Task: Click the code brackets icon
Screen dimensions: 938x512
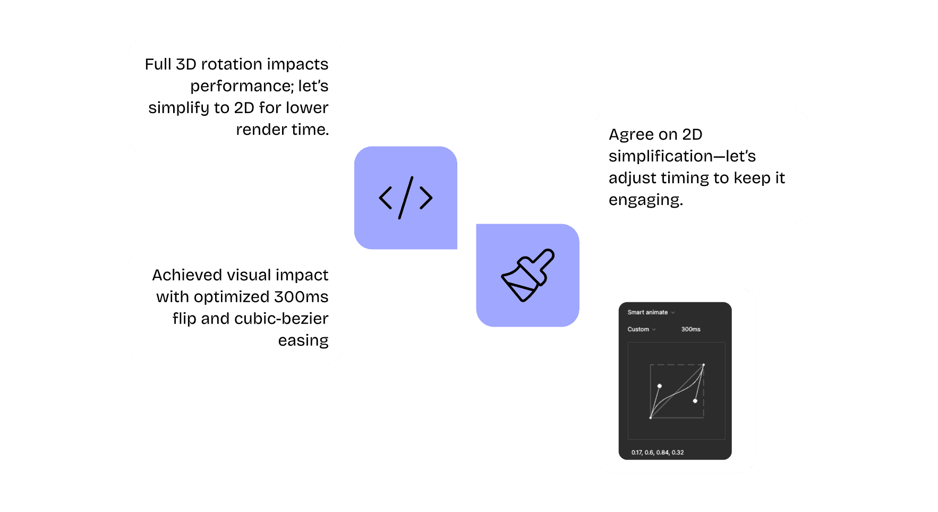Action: click(x=405, y=198)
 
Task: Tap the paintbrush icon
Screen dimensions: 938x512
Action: click(x=527, y=275)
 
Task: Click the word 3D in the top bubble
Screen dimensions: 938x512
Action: click(x=186, y=64)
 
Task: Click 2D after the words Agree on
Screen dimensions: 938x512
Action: click(x=692, y=134)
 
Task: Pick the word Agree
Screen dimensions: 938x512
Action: click(x=631, y=135)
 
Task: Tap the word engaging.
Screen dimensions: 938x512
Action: click(x=645, y=200)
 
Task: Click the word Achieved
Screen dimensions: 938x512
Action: click(x=187, y=275)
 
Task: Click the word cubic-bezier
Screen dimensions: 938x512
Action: click(x=281, y=319)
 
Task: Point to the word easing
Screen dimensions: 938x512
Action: click(x=303, y=340)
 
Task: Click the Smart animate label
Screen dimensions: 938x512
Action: click(x=647, y=312)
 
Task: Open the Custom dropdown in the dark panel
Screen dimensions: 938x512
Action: click(x=641, y=329)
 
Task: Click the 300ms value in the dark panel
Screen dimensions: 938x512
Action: click(x=690, y=329)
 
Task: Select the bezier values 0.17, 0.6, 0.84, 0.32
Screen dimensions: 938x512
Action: click(x=658, y=453)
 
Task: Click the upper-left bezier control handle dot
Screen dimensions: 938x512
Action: click(x=660, y=386)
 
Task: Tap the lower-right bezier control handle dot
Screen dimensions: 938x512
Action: click(x=695, y=401)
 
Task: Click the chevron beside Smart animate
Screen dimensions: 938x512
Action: click(x=673, y=313)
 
